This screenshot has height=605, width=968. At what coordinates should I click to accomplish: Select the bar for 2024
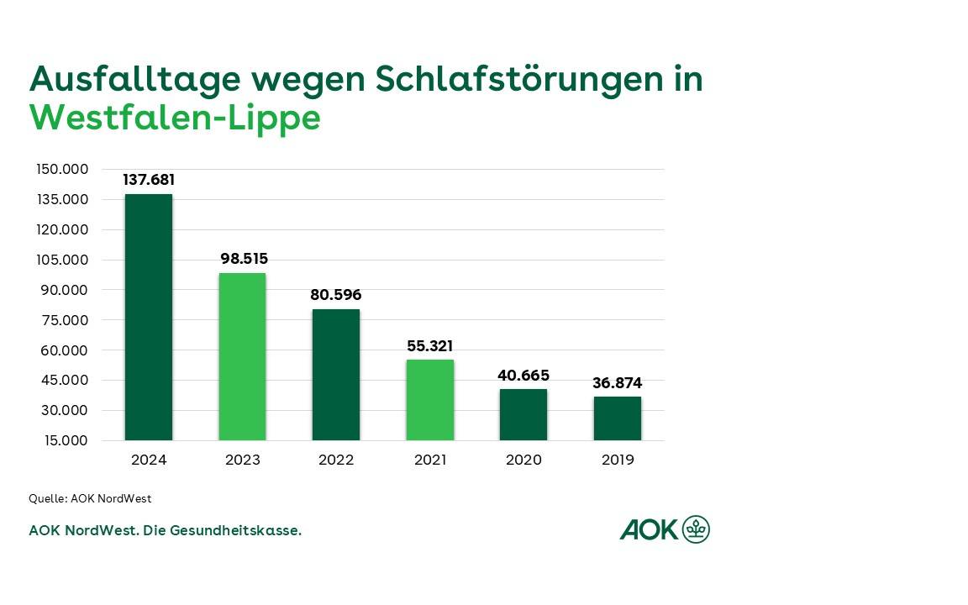(x=149, y=317)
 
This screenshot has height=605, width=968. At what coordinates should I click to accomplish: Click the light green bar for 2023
(x=242, y=356)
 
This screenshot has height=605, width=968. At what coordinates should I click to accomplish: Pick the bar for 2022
(x=336, y=375)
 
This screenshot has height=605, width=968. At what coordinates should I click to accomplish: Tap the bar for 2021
(x=429, y=400)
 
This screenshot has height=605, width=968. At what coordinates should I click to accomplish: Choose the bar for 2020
(x=523, y=414)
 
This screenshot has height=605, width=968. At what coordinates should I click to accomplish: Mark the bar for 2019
(x=617, y=418)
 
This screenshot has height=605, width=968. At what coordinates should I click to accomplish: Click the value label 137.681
(x=149, y=180)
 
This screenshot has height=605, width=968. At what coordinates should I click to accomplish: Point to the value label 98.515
(x=244, y=259)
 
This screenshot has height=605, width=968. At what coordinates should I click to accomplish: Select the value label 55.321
(x=429, y=346)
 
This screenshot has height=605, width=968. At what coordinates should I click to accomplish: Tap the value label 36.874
(x=617, y=383)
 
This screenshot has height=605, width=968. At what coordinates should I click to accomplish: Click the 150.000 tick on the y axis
(x=62, y=169)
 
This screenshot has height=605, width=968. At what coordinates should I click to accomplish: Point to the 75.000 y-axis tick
(x=62, y=320)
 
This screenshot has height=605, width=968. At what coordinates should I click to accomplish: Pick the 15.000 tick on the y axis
(x=62, y=440)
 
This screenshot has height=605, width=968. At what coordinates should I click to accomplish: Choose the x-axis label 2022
(x=336, y=460)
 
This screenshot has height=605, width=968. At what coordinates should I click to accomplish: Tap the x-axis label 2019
(x=618, y=460)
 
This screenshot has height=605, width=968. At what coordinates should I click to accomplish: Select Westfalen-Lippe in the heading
(x=175, y=118)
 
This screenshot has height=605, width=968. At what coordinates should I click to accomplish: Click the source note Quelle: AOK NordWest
(x=90, y=498)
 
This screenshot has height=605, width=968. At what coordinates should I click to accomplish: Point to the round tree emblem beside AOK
(x=696, y=529)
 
